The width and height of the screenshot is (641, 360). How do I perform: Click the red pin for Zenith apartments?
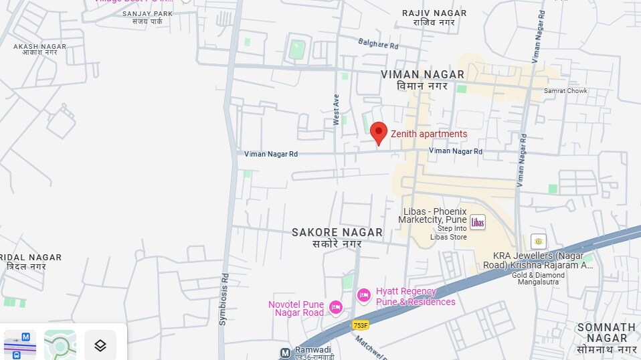click(379, 132)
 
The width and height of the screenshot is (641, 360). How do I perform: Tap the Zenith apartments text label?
click(429, 134)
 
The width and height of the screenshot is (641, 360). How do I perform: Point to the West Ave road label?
click(337, 109)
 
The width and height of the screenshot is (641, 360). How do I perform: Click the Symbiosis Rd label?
click(224, 298)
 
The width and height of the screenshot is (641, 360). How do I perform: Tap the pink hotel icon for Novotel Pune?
click(335, 307)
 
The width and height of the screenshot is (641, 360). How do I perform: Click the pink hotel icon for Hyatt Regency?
click(363, 295)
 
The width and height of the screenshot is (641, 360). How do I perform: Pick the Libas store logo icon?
click(477, 222)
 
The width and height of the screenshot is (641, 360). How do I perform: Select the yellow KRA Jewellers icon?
click(538, 241)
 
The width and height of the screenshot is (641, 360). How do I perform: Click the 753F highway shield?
click(361, 325)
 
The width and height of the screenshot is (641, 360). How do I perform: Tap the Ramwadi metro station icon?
click(285, 352)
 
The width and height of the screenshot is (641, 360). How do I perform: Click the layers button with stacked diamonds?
click(100, 345)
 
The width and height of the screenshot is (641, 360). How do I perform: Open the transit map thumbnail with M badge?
click(20, 345)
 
